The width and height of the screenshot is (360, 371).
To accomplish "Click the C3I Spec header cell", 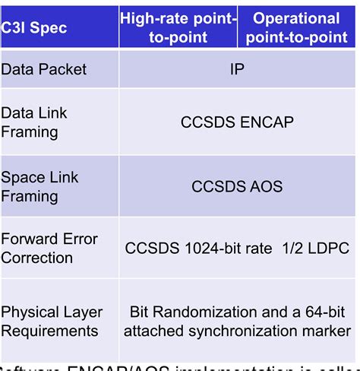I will [x=34, y=28].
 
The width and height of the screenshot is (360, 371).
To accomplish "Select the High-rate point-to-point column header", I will [x=178, y=28].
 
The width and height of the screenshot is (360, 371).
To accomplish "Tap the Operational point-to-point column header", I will [x=296, y=28].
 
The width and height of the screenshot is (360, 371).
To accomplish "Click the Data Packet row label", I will [x=44, y=69].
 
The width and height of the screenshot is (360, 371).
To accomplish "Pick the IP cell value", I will [x=237, y=69].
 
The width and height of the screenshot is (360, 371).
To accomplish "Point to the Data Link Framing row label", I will [x=34, y=122].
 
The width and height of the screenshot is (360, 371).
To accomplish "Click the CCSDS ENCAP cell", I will [x=237, y=122].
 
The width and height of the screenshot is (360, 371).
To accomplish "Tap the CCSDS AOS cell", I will [x=237, y=186].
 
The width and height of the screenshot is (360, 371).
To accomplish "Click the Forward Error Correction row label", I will [x=49, y=249].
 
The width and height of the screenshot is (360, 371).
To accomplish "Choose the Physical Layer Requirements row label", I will [x=52, y=321].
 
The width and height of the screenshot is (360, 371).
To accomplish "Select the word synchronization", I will [x=247, y=331].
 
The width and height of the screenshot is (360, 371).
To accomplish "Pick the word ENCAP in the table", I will [x=266, y=122].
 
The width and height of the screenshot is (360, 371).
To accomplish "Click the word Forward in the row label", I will [x=29, y=239].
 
